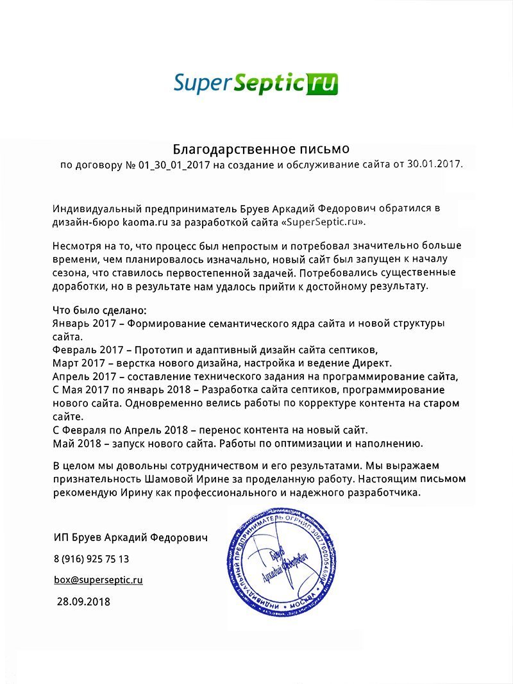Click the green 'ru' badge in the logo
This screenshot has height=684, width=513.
click(323, 83)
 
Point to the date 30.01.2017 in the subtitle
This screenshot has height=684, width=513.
click(435, 165)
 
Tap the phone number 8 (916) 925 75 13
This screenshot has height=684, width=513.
click(91, 559)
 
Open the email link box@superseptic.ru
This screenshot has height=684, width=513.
click(98, 580)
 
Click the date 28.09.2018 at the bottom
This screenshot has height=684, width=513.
click(83, 601)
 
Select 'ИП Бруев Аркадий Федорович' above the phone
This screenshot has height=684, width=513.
click(131, 538)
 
